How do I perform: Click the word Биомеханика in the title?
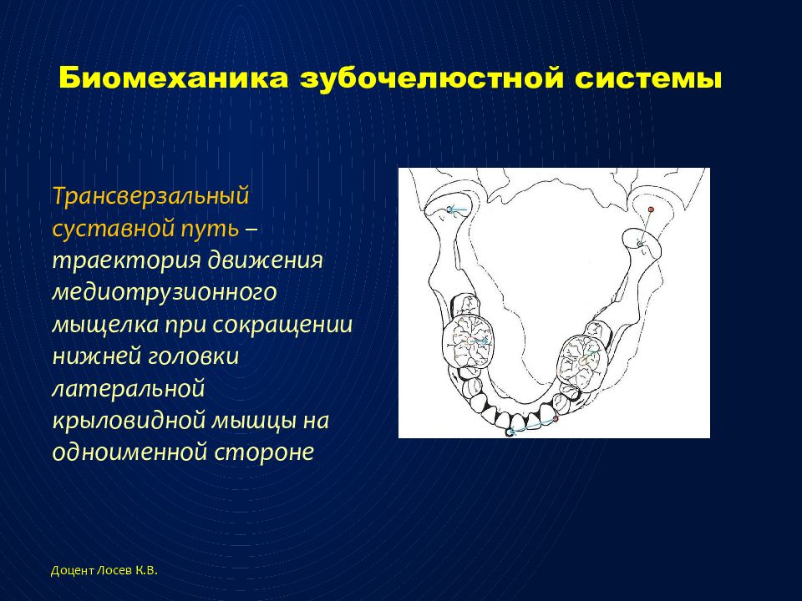click(x=174, y=78)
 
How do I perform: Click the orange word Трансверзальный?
click(x=150, y=197)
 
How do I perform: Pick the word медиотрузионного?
click(x=165, y=293)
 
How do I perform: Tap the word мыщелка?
click(x=105, y=325)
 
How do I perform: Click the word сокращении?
click(x=282, y=325)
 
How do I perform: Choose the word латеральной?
click(x=129, y=389)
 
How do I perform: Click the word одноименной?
click(x=129, y=452)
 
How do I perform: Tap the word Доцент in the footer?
click(x=73, y=571)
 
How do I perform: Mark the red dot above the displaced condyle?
click(x=651, y=209)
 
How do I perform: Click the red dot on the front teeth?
click(x=556, y=418)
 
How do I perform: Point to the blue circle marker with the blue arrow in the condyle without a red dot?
click(x=450, y=209)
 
